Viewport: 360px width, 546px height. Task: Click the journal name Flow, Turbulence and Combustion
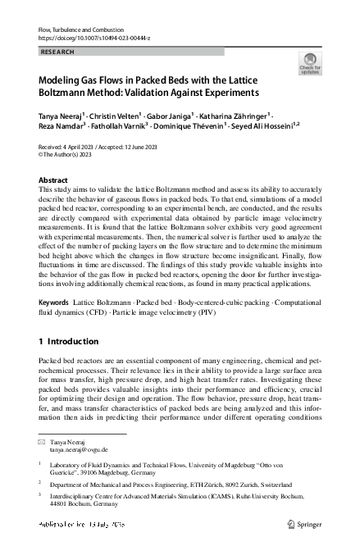coord(78,30)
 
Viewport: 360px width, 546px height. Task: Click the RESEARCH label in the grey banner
coord(57,52)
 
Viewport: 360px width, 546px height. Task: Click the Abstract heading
coord(54,179)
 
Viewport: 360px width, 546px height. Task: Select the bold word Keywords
coord(54,303)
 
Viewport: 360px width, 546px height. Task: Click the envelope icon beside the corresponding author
coord(42,442)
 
